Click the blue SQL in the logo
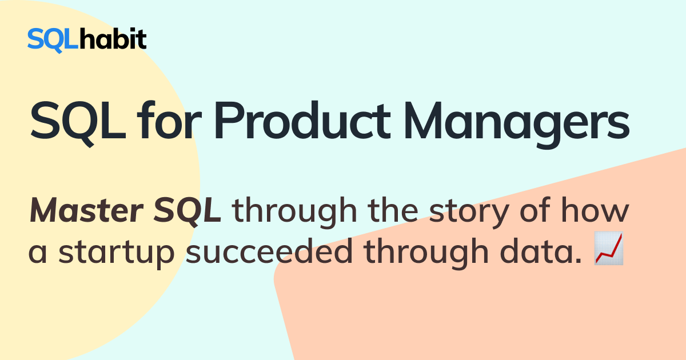[x=53, y=40]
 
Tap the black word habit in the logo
[x=113, y=39]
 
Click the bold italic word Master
[x=87, y=210]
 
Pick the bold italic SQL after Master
[x=187, y=211]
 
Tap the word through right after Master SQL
[x=294, y=211]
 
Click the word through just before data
[x=426, y=253]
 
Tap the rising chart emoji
[x=608, y=248]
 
